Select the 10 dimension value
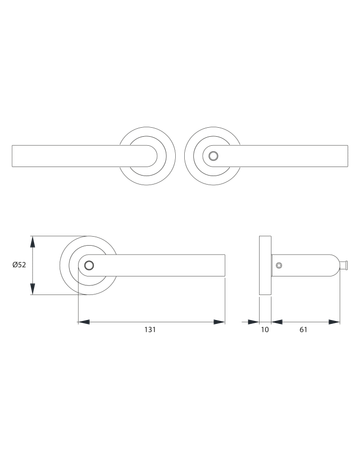coord(265,329)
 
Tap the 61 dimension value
coord(303,329)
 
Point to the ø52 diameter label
coord(19,265)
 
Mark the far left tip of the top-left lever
coord(14,156)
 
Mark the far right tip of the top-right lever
coord(345,156)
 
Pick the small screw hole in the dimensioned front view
coord(90,266)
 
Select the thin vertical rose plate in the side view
coord(265,265)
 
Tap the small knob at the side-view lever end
coord(344,266)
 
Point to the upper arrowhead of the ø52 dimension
coord(34,242)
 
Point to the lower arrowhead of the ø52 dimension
coord(34,289)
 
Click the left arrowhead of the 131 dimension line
coord(81,321)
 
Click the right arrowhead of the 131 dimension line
coord(221,321)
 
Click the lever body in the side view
coord(310,266)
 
